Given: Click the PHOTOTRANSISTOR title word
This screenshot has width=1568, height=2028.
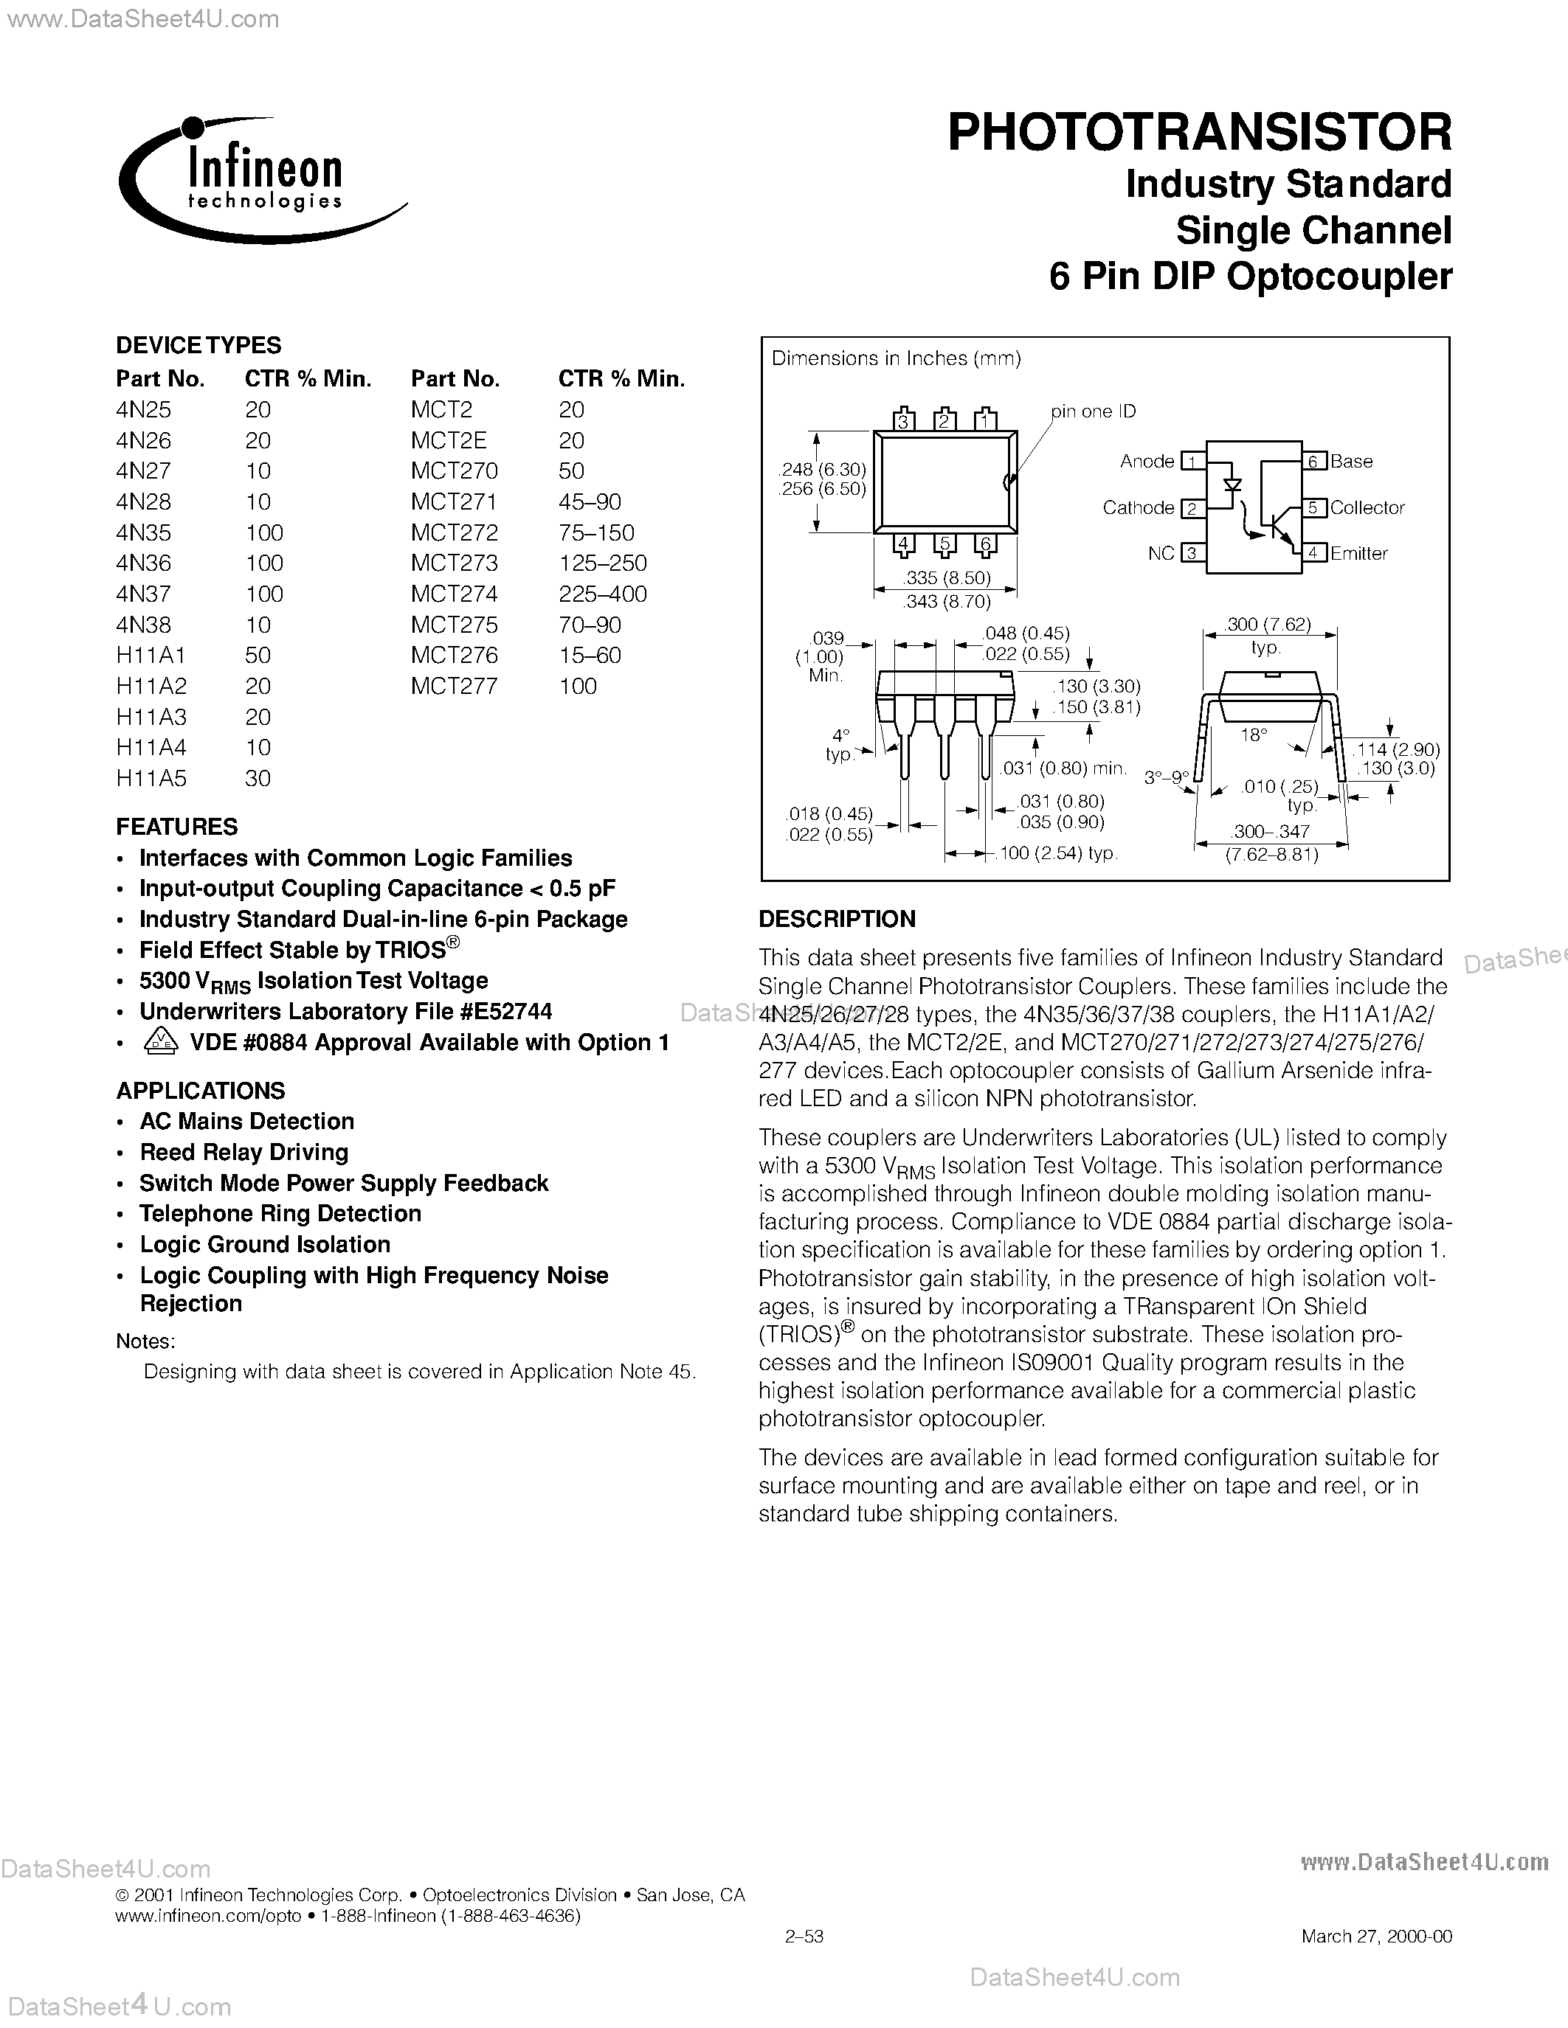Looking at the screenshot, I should (1198, 133).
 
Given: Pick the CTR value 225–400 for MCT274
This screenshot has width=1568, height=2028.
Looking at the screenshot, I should (602, 594).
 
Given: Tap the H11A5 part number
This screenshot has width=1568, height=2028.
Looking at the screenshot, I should (151, 778).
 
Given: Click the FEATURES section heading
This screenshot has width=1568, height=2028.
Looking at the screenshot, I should (176, 827).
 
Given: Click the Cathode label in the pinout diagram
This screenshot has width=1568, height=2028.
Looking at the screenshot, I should (1138, 508).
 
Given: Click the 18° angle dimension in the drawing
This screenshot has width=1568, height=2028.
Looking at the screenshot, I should (1253, 735).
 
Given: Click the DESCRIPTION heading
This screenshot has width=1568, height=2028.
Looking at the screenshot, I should (836, 920).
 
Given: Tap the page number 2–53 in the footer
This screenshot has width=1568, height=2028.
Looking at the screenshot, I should (804, 1936).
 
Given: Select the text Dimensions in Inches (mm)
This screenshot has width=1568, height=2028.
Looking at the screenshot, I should (896, 358).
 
